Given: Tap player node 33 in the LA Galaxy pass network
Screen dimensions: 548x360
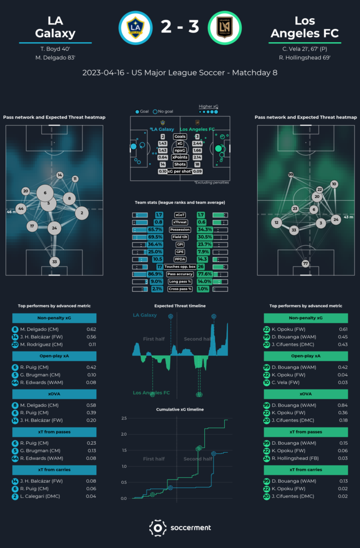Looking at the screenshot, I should point(54,262).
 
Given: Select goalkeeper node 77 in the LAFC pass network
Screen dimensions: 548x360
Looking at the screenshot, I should point(305,263).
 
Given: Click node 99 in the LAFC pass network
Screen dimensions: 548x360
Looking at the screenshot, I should point(290,174).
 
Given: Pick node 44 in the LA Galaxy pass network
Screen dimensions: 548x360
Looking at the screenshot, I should point(21,208).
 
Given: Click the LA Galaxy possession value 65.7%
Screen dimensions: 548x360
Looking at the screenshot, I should point(155,230).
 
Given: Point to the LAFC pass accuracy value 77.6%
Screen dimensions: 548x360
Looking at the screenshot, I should point(204,274).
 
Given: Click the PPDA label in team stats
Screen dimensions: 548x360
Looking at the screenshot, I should point(180,259).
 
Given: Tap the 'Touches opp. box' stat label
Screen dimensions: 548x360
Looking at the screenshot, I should point(180,267).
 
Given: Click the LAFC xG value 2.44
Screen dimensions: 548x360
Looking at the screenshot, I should point(197,144).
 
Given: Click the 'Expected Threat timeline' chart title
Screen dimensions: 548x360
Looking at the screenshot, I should point(180,306).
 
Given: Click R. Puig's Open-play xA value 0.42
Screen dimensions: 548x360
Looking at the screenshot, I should point(91,367).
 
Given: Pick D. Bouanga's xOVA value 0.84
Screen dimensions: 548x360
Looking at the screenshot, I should point(343,405).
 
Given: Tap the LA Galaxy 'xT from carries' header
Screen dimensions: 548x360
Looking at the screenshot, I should point(54,470).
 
